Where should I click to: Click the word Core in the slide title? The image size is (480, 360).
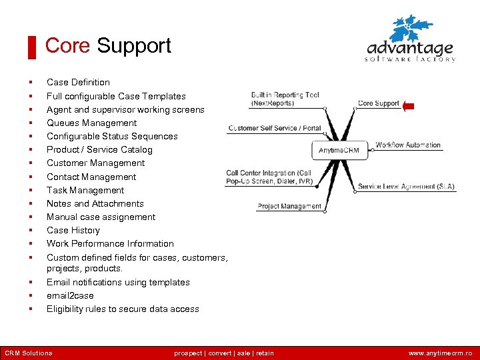click(x=67, y=46)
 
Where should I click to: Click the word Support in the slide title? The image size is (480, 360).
click(x=134, y=46)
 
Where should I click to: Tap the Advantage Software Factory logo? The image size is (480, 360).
click(x=411, y=40)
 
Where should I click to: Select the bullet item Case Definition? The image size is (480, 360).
click(x=78, y=83)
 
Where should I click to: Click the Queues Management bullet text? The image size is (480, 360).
click(x=91, y=123)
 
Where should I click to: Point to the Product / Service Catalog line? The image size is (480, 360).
click(x=99, y=149)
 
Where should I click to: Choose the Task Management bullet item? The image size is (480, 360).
click(x=85, y=190)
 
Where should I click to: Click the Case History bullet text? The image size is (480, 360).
click(x=73, y=230)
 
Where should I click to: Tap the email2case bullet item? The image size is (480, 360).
click(x=70, y=295)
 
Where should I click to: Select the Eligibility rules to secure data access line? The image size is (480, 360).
click(x=123, y=309)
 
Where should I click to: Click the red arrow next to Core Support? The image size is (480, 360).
click(x=409, y=105)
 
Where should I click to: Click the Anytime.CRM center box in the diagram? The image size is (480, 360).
click(x=339, y=150)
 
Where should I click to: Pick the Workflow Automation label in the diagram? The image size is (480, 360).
click(x=408, y=145)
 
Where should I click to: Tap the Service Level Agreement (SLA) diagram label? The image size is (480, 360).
click(x=406, y=187)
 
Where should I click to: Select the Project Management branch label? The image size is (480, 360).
click(x=289, y=207)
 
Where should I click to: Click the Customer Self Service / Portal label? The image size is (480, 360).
click(x=275, y=128)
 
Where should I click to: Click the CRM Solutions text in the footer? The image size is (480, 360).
click(x=29, y=353)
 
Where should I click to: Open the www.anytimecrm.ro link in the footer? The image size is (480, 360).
click(x=440, y=353)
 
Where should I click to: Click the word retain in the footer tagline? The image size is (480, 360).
click(x=265, y=353)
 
